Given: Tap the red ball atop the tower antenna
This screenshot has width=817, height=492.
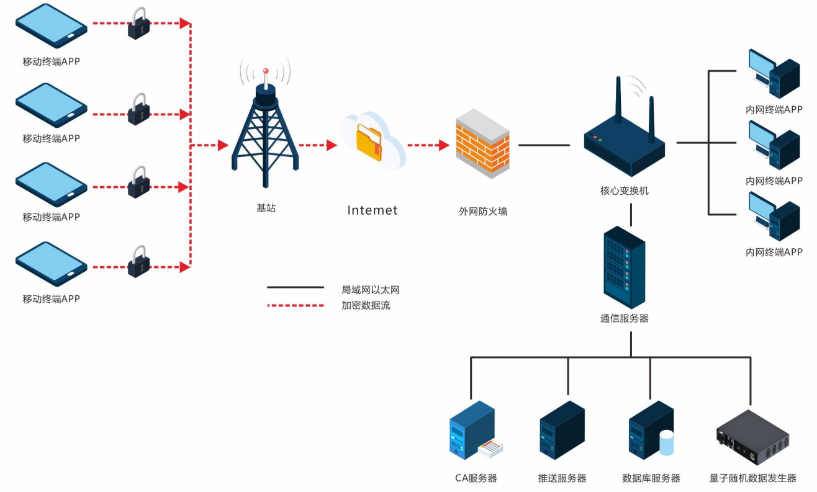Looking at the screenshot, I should [266, 71].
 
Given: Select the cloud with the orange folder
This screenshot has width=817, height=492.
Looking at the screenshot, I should [372, 142].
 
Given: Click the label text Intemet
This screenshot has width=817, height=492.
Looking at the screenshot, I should [372, 210].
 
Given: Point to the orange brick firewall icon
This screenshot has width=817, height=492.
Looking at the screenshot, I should [482, 144].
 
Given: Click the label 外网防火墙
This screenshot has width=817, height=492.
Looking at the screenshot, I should [482, 211].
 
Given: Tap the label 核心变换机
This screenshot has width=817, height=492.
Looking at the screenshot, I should [624, 190].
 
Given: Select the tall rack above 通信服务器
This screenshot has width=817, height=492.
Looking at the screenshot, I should [624, 267].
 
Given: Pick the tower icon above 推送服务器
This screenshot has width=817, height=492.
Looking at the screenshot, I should [562, 430].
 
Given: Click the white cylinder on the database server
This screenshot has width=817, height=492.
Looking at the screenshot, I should [666, 443].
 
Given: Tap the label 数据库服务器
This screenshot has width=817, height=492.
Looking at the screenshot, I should [651, 478].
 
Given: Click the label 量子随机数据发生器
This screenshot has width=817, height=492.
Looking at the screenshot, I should [752, 478].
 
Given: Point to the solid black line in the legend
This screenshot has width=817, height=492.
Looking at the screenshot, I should [296, 287].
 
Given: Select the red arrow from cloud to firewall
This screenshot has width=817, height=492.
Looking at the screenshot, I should [428, 146].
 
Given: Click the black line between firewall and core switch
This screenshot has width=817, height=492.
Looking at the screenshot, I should [544, 145].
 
